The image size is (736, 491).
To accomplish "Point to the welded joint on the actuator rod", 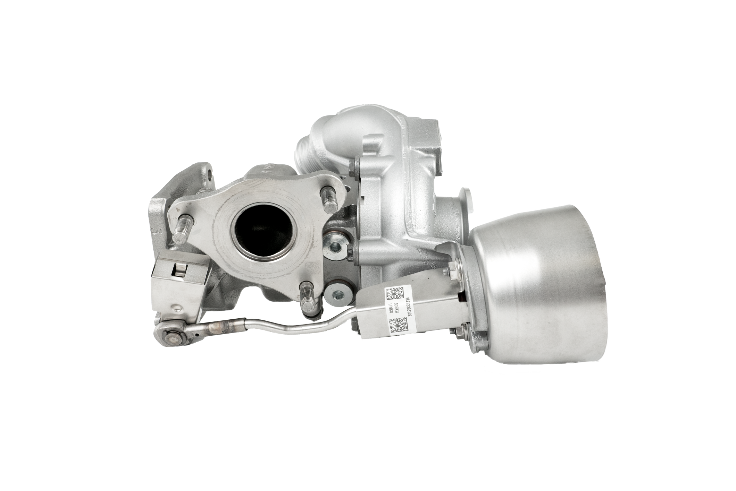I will [x=222, y=327].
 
